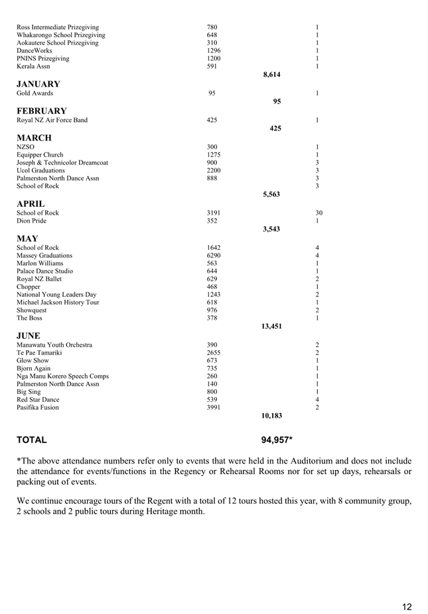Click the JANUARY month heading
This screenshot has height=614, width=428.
[38, 84]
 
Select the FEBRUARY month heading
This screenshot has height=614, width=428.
[41, 111]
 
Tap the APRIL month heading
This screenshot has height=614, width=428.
[31, 204]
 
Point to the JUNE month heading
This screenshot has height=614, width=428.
[29, 336]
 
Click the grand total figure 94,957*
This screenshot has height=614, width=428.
[277, 440]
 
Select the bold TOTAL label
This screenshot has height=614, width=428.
[32, 440]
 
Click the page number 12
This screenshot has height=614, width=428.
[407, 606]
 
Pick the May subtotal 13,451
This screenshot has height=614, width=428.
[271, 326]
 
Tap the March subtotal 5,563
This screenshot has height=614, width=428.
[271, 194]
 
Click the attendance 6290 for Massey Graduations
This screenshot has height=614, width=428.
[214, 255]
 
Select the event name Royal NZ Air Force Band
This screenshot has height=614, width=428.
[52, 120]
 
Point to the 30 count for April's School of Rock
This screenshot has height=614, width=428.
[319, 213]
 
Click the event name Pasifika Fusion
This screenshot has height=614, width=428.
[37, 407]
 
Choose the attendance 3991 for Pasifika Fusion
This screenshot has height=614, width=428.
[214, 407]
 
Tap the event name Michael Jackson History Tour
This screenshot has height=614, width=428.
[58, 302]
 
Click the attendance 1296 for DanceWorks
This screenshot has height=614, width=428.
[214, 50]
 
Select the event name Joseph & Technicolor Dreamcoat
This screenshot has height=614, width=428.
[62, 162]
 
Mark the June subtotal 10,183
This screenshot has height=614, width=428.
[271, 416]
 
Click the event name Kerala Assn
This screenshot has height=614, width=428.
[33, 66]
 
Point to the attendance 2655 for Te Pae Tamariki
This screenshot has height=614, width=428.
[214, 353]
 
